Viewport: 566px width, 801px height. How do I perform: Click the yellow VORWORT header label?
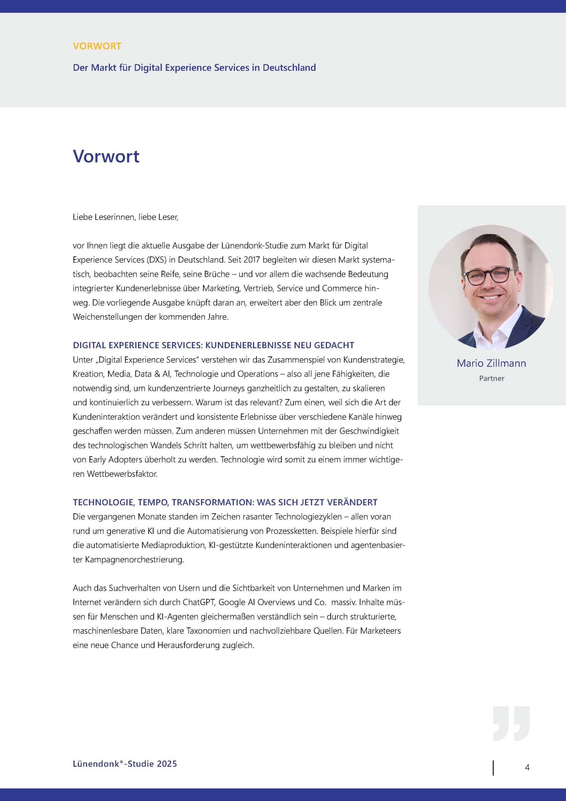(x=97, y=46)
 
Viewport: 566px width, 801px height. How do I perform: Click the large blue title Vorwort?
(x=106, y=156)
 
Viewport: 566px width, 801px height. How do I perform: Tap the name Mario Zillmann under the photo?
(x=491, y=363)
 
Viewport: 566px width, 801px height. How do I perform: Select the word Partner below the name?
(x=491, y=378)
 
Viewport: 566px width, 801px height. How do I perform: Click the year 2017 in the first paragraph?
(x=252, y=260)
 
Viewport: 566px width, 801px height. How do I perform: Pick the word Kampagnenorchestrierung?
(x=134, y=559)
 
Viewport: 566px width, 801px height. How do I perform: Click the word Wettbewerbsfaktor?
(x=122, y=474)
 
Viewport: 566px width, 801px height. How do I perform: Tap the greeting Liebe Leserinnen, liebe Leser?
(x=125, y=217)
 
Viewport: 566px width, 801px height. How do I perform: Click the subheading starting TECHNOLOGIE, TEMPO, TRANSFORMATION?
(x=225, y=503)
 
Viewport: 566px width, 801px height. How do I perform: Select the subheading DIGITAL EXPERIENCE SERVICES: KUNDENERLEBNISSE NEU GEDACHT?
(x=213, y=345)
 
